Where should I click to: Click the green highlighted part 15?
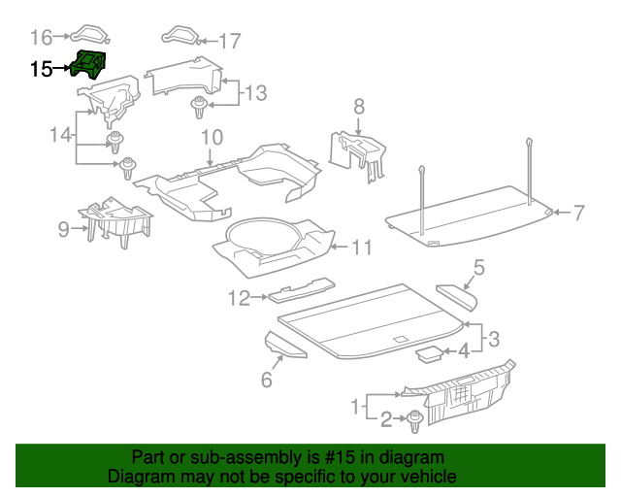(89, 67)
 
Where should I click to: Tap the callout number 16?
(41, 38)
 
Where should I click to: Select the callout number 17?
(229, 41)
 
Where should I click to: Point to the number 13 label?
(254, 93)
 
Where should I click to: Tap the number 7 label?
(579, 212)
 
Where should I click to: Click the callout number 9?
(64, 229)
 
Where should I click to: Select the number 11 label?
(360, 248)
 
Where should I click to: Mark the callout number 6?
(266, 380)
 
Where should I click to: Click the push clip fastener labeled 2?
(415, 421)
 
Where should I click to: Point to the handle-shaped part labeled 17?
(180, 36)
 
